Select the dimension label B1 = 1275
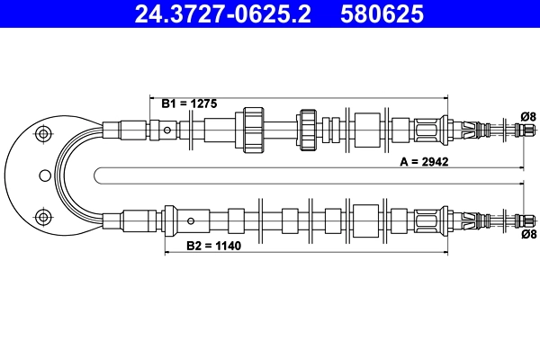point(191,104)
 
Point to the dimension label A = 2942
point(424,163)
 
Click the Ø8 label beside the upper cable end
point(528,116)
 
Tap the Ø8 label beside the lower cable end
point(528,234)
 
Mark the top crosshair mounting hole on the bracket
point(40,135)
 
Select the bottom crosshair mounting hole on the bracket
point(40,215)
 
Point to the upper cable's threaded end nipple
point(519,130)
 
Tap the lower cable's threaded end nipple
point(519,220)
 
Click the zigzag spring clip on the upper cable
point(468,130)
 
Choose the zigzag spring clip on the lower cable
point(468,220)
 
